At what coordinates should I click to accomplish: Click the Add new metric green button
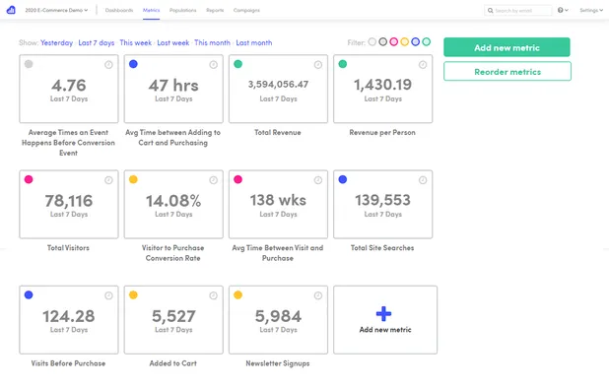[x=507, y=47]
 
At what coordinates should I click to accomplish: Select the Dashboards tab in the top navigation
[x=120, y=10]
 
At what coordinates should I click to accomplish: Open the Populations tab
[x=182, y=10]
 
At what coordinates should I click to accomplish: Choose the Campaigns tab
[x=246, y=10]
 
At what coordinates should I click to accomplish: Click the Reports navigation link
[x=215, y=10]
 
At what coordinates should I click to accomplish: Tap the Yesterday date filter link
[x=57, y=43]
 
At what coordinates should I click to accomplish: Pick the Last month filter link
[x=254, y=43]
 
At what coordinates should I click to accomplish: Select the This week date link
[x=135, y=43]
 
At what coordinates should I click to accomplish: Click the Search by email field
[x=522, y=10]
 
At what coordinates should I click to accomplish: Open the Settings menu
[x=590, y=10]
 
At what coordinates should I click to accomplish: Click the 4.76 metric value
[x=69, y=85]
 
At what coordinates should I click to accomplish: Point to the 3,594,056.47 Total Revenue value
[x=278, y=85]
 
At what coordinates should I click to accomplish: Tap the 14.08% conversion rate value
[x=173, y=200]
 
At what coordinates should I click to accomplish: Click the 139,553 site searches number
[x=384, y=200]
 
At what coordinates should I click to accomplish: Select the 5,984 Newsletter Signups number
[x=278, y=316]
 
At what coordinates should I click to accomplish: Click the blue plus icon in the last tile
[x=384, y=312]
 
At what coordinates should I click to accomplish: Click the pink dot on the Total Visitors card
[x=29, y=180]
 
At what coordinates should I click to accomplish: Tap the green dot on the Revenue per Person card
[x=343, y=64]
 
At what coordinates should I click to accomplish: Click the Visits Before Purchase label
[x=69, y=363]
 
